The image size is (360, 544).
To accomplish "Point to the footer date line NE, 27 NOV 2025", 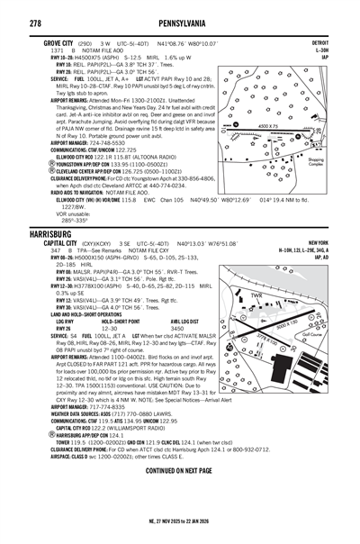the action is pyautogui.click(x=179, y=532).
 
